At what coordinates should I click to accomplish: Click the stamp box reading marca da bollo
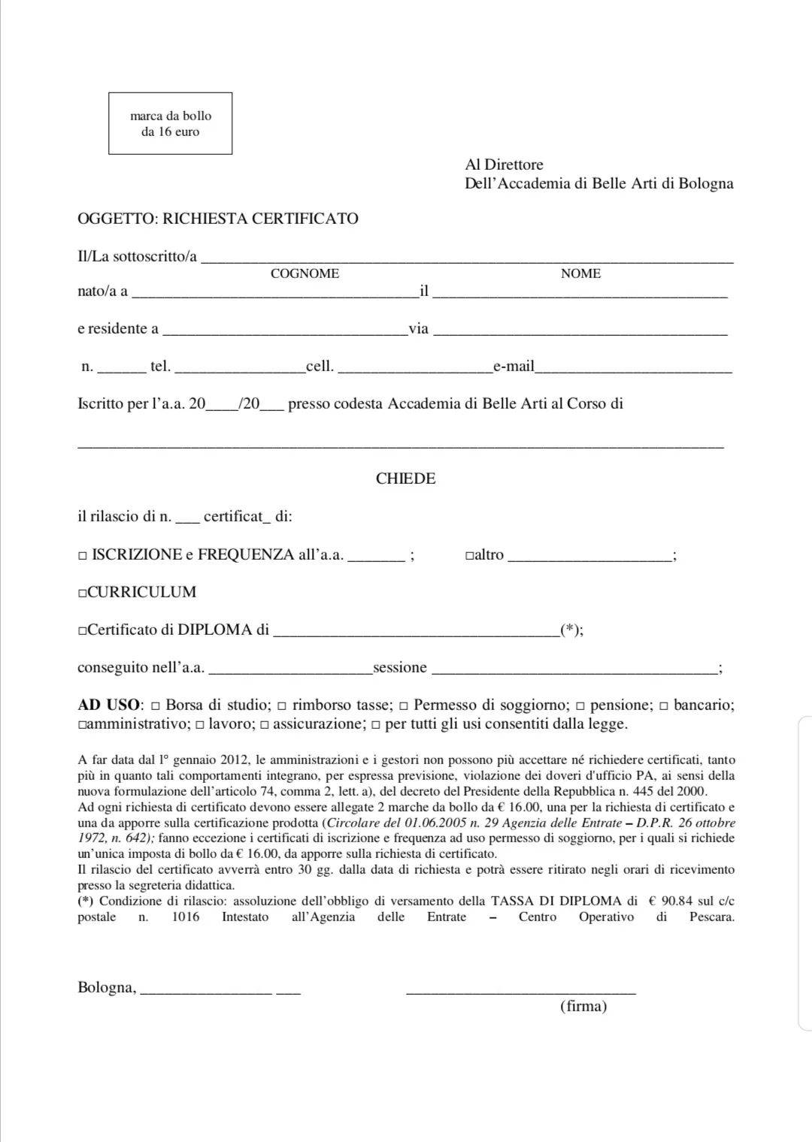tap(170, 123)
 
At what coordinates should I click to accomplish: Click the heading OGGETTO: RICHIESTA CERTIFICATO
tap(218, 219)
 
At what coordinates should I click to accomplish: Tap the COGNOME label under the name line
tap(304, 273)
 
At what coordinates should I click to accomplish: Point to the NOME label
tap(580, 273)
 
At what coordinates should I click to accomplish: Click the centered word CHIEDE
tap(406, 479)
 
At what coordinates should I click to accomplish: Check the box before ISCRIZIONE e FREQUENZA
tap(83, 556)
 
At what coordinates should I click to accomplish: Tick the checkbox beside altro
tap(469, 556)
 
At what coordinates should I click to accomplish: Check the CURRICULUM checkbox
tap(82, 594)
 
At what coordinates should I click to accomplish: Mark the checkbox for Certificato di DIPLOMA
tap(82, 631)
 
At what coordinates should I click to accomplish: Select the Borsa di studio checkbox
tap(156, 706)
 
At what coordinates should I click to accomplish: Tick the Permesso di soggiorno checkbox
tap(404, 706)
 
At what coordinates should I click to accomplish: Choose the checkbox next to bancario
tap(664, 706)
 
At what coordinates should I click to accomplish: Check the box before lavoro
tap(200, 726)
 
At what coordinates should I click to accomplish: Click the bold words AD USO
tap(109, 705)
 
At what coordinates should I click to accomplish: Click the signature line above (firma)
tap(520, 992)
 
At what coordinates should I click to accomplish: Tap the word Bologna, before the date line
tap(107, 987)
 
